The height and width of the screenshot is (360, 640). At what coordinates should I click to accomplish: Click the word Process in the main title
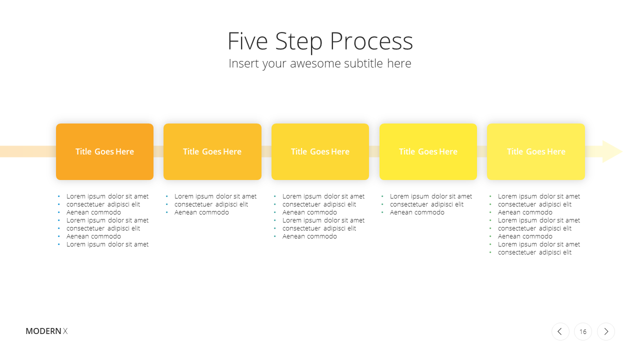tap(371, 41)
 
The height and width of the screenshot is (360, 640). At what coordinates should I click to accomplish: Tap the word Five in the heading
tap(247, 41)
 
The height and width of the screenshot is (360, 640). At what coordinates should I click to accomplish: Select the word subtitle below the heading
tap(363, 63)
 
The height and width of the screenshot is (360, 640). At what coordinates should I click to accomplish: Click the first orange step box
tap(104, 151)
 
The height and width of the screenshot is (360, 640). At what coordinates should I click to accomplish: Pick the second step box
tap(212, 151)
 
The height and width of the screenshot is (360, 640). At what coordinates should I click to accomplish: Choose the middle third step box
tap(320, 151)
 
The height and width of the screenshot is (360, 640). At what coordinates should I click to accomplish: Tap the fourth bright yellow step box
tap(428, 151)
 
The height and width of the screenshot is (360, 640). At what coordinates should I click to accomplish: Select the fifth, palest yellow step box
tap(536, 151)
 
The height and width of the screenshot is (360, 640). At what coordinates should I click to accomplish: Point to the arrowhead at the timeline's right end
tap(612, 151)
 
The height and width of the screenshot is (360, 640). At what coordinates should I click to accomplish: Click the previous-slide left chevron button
tap(560, 331)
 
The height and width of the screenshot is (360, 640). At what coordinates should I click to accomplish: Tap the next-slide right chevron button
tap(606, 331)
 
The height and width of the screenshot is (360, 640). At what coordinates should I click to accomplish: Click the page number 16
tap(583, 331)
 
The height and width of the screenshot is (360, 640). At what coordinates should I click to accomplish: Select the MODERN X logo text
tap(46, 331)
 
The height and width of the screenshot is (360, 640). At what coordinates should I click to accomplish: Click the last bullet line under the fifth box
tap(534, 252)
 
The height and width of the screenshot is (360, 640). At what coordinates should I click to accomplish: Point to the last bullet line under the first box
tap(107, 244)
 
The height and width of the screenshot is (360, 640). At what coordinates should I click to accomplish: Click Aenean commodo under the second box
tap(201, 212)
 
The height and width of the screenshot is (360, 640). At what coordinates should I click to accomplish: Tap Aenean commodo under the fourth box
tap(417, 212)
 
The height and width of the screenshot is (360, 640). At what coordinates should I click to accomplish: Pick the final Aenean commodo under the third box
tap(309, 236)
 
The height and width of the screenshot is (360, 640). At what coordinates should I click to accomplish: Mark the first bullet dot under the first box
tap(59, 196)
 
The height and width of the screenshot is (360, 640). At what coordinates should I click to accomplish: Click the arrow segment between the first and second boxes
tap(158, 151)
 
